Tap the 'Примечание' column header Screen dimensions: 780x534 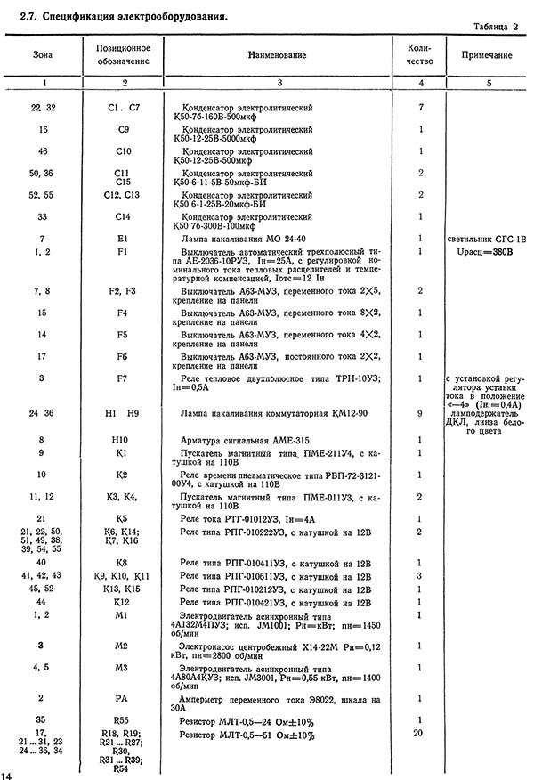[x=487, y=55]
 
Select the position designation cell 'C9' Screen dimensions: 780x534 [x=124, y=129]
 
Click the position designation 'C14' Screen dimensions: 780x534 [x=124, y=216]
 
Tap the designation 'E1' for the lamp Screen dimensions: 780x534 [x=124, y=239]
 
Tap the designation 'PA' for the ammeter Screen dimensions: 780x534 [x=124, y=698]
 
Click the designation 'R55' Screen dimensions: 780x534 [x=124, y=719]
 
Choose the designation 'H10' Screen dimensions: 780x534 [x=124, y=440]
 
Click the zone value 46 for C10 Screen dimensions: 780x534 [x=42, y=151]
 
